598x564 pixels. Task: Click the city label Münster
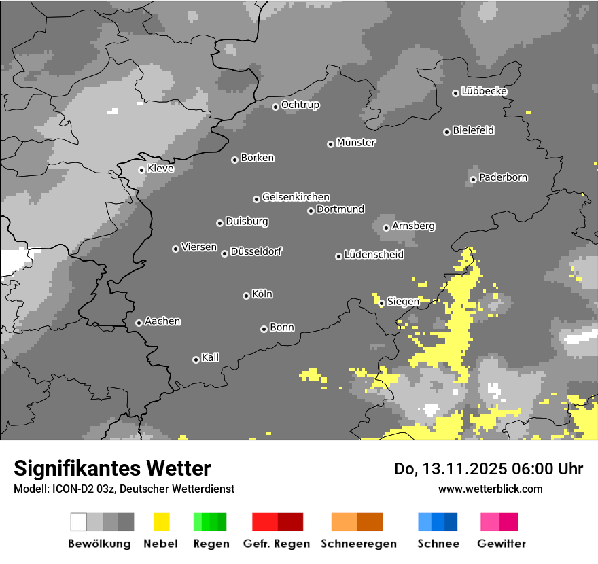[x=356, y=143]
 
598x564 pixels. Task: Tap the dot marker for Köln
[x=246, y=296]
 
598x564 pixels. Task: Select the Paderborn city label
[x=503, y=177]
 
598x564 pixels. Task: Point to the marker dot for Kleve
[x=141, y=170]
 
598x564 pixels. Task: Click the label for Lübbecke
[x=484, y=91]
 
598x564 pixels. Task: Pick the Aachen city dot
[x=139, y=323]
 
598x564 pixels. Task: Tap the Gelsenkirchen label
[x=296, y=197]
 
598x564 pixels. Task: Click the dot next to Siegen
[x=382, y=303]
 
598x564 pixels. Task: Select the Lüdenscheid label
[x=374, y=255]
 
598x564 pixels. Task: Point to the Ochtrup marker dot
[x=275, y=107]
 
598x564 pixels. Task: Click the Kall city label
[x=211, y=357]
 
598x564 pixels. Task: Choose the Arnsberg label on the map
[x=413, y=226]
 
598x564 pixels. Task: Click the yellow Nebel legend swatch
[x=161, y=522]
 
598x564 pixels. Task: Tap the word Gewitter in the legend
[x=502, y=544]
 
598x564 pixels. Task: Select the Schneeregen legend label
[x=359, y=544]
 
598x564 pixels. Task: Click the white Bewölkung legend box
[x=79, y=522]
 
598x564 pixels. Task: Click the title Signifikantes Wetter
[x=112, y=468]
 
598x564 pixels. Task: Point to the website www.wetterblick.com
[x=490, y=489]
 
